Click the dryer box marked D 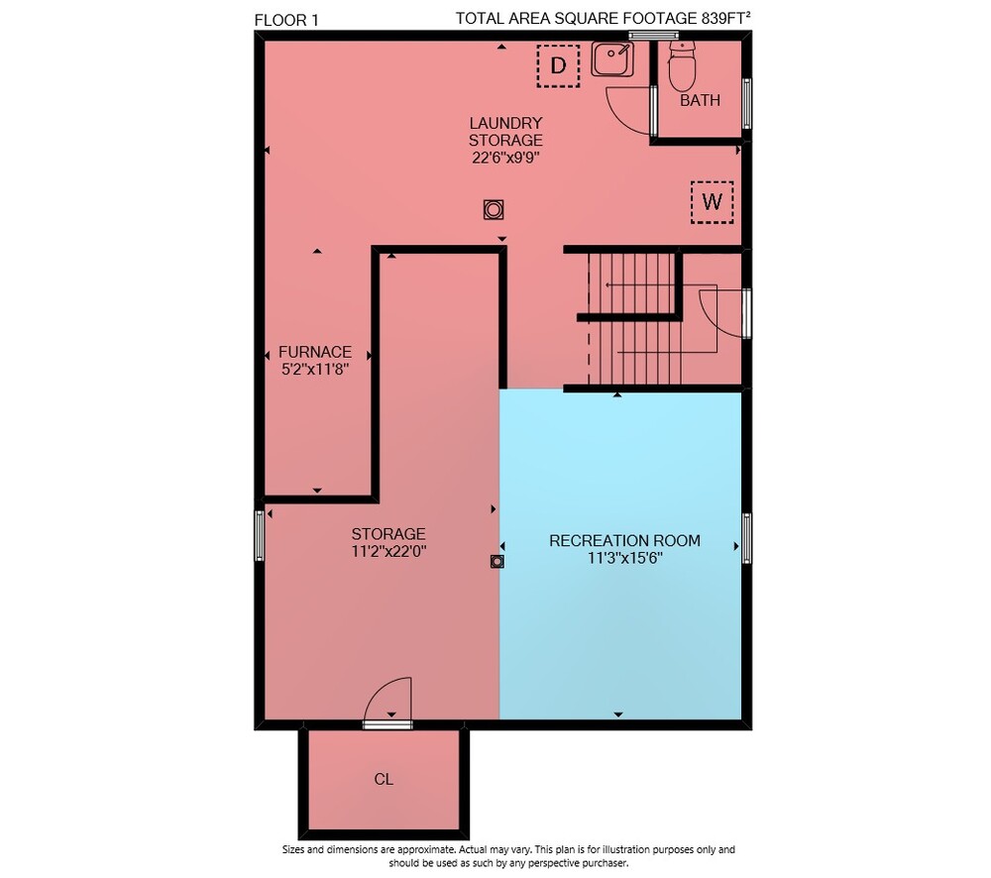(x=558, y=65)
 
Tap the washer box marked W (x=713, y=202)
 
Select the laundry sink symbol (x=612, y=58)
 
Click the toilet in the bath (x=682, y=65)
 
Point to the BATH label (x=700, y=100)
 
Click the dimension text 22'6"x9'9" (x=505, y=158)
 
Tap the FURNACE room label (x=315, y=352)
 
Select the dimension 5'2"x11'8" (x=315, y=370)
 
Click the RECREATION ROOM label (x=624, y=541)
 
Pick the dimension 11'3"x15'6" (x=624, y=558)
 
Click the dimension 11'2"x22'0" (x=388, y=551)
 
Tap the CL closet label (x=384, y=779)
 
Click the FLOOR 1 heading (x=286, y=20)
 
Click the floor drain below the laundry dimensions (x=493, y=209)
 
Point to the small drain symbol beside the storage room (x=497, y=561)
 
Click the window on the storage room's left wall (x=259, y=536)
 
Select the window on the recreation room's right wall (x=746, y=538)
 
